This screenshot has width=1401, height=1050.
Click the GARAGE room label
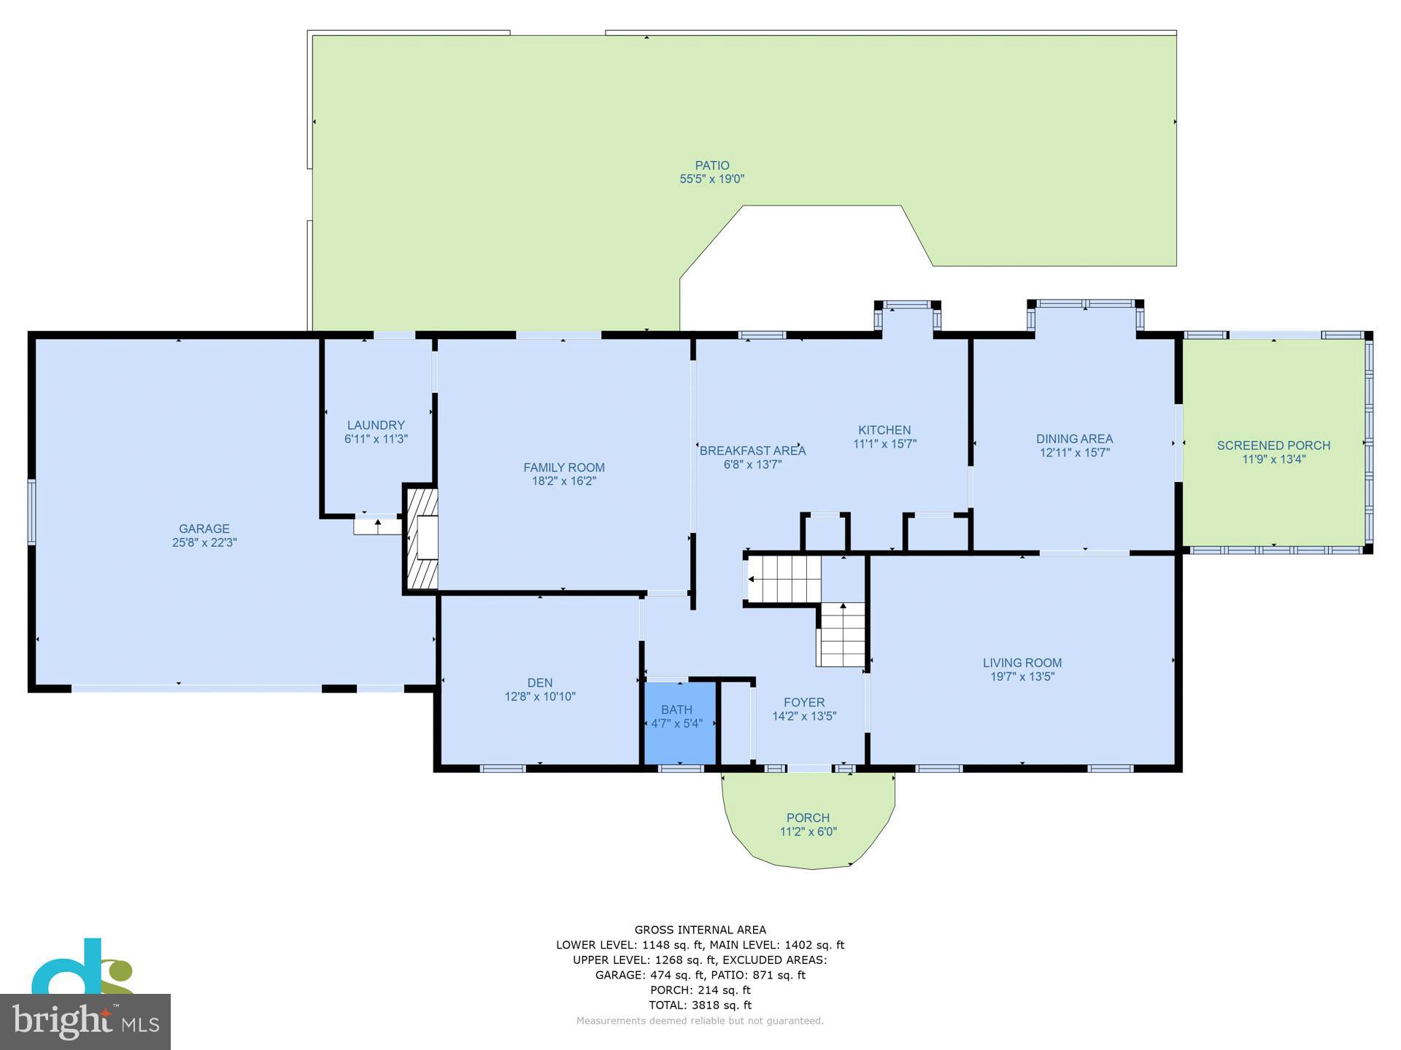204,529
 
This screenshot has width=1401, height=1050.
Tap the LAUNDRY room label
376,425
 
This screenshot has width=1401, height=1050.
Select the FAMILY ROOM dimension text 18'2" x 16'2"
564,481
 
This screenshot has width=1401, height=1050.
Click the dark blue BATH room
679,723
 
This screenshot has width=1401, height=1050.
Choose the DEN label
540,683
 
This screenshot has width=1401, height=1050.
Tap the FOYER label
804,703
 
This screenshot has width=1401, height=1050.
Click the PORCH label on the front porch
808,818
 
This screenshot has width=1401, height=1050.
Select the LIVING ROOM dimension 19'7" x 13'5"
1022,677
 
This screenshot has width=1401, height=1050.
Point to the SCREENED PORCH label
1273,446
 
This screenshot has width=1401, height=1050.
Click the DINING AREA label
1075,439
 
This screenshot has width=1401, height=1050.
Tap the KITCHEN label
884,430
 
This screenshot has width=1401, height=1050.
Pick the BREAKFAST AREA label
753,451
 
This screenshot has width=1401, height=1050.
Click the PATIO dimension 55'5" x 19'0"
712,179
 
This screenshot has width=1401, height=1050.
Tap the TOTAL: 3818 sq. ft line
700,1006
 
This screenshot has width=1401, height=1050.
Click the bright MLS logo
85,1022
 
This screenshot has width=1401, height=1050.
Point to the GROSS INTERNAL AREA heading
700,930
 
